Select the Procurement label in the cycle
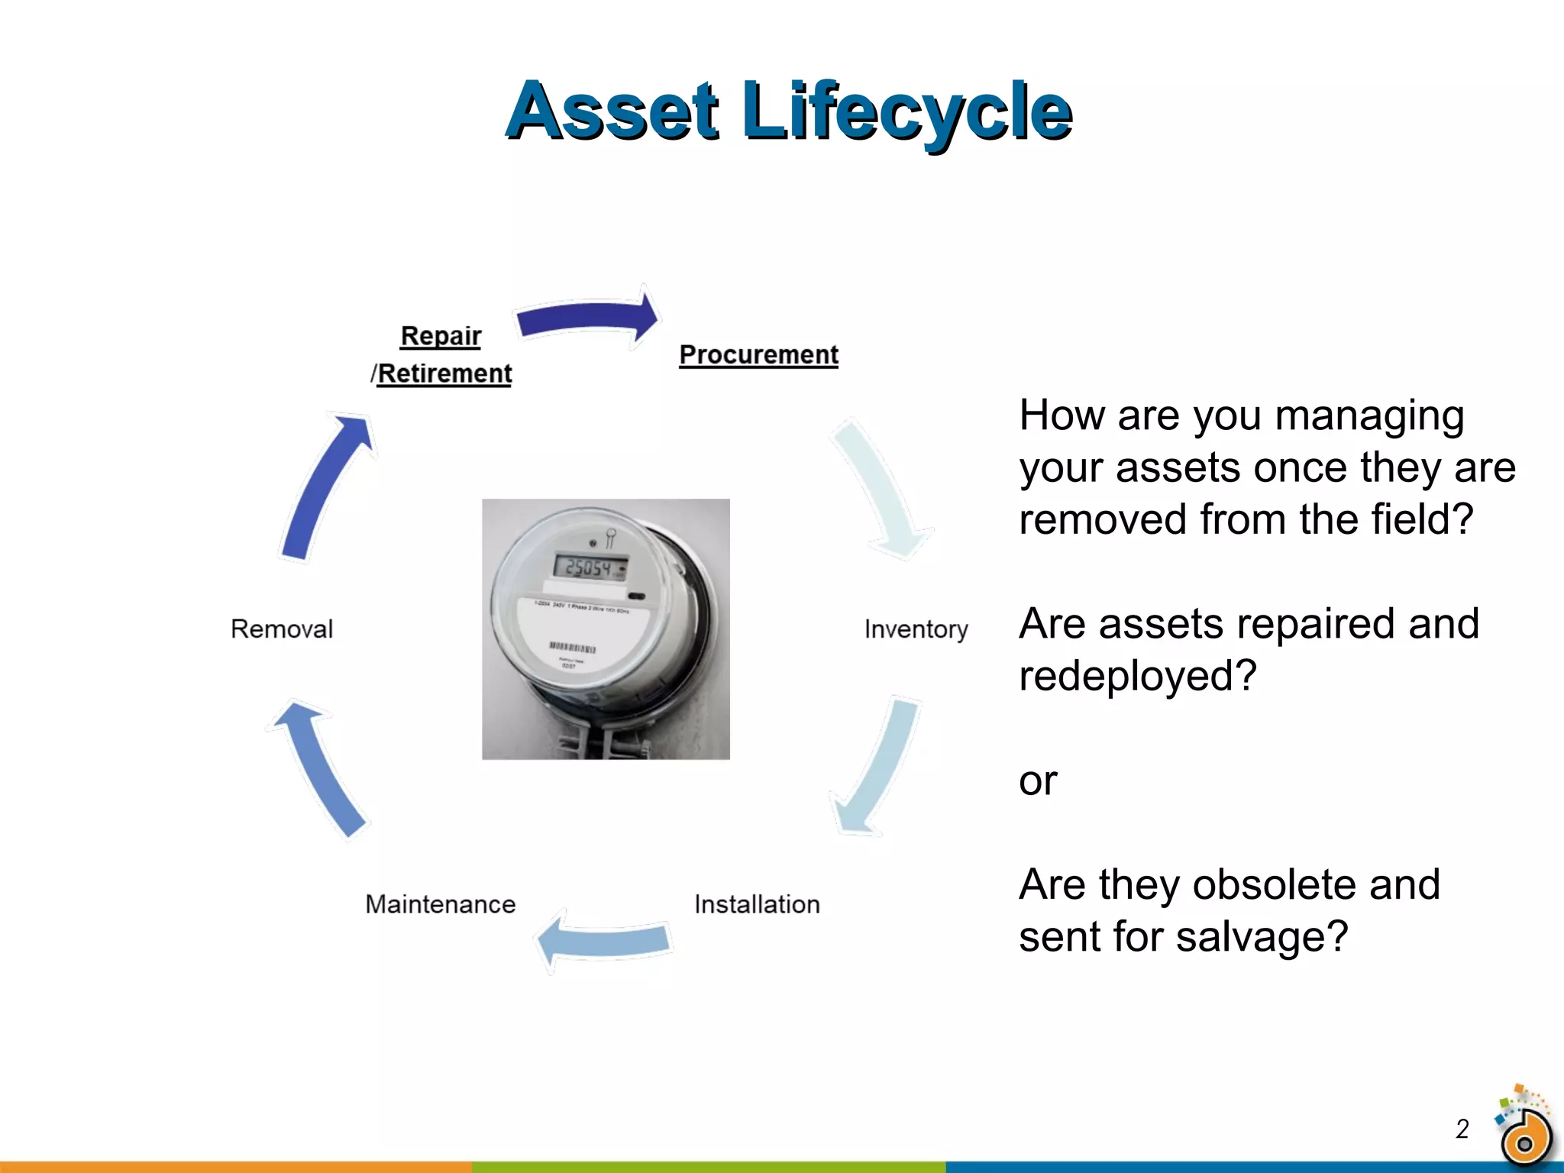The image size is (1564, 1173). click(x=758, y=355)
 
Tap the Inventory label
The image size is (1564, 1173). click(x=916, y=629)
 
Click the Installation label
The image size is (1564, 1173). click(x=757, y=904)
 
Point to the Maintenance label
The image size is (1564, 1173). click(x=441, y=904)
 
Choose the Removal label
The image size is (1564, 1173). click(x=282, y=629)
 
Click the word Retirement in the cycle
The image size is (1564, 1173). click(x=444, y=374)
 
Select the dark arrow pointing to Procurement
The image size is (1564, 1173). click(x=588, y=318)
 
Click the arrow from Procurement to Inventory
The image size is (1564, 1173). click(x=878, y=489)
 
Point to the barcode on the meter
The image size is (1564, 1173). click(x=573, y=648)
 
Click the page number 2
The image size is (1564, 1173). click(x=1462, y=1129)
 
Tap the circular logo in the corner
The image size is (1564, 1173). click(x=1524, y=1133)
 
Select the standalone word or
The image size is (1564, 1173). click(x=1038, y=781)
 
